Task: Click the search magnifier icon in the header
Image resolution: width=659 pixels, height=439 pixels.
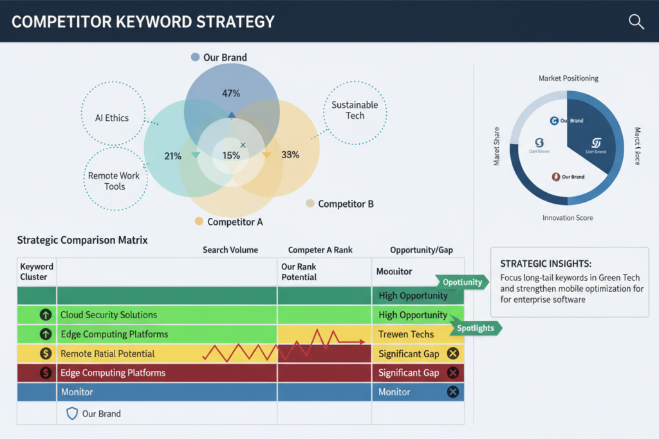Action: tap(636, 22)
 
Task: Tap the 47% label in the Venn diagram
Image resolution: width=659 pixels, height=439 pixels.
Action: tap(231, 94)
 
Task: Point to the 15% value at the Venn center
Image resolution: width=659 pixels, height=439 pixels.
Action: tap(231, 155)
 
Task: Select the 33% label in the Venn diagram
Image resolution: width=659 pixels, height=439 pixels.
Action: tap(290, 155)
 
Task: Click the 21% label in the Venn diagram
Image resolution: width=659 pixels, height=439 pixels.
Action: tap(172, 156)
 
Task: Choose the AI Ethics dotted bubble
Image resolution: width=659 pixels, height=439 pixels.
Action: tap(112, 118)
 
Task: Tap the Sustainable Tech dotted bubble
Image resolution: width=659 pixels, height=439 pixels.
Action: tap(355, 111)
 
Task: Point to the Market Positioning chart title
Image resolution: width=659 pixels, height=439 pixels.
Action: tap(568, 78)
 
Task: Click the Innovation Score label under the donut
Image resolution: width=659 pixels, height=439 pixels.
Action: tap(568, 218)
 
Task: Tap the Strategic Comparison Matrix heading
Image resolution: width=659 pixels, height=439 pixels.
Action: tap(82, 240)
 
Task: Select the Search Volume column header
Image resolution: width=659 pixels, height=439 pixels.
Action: tap(230, 249)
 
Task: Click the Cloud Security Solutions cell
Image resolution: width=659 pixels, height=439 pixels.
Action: tap(109, 315)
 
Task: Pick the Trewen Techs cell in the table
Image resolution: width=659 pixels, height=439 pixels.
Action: tap(406, 334)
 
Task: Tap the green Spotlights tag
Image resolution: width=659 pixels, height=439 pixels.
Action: tap(476, 328)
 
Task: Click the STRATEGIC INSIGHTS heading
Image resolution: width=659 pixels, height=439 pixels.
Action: tap(546, 264)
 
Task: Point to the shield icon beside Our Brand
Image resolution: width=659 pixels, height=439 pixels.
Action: tap(72, 414)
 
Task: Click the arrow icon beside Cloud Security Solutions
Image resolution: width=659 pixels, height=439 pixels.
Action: tap(46, 315)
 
